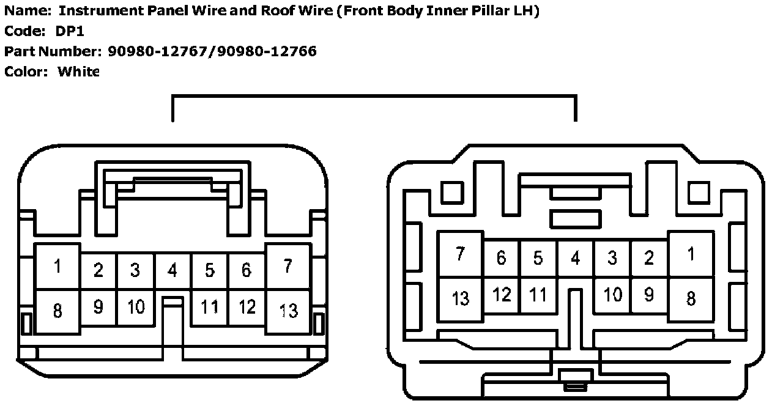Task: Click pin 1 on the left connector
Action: (x=58, y=267)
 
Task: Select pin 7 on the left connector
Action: (x=288, y=267)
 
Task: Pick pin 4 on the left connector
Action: (x=173, y=270)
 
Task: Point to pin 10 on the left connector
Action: (x=135, y=306)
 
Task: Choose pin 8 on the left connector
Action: (x=58, y=311)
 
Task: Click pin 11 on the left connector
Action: (x=210, y=306)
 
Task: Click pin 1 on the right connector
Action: (x=691, y=254)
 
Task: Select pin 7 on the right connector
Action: (x=461, y=254)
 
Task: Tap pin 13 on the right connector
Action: (x=461, y=298)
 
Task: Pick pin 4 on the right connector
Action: (x=575, y=258)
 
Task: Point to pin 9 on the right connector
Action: (x=649, y=295)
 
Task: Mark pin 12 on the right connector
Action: (x=502, y=295)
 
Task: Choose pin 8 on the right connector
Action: (x=691, y=298)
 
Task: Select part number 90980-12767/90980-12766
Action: (x=212, y=51)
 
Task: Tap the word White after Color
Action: (x=78, y=72)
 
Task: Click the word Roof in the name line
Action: (x=264, y=11)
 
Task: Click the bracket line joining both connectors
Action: (x=374, y=96)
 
